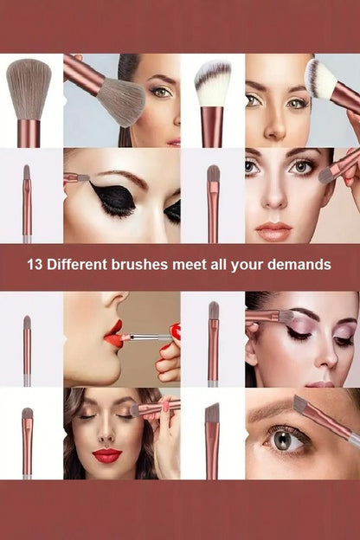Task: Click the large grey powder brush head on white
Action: coord(29,89)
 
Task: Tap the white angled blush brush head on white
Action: coord(212,84)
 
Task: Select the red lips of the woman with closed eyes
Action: coord(106,455)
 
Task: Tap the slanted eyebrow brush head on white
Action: coord(212,413)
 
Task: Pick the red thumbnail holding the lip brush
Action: coord(176,331)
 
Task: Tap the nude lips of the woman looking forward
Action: coord(273,231)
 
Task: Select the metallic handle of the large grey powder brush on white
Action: coord(29,133)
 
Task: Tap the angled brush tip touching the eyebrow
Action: coord(300,404)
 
